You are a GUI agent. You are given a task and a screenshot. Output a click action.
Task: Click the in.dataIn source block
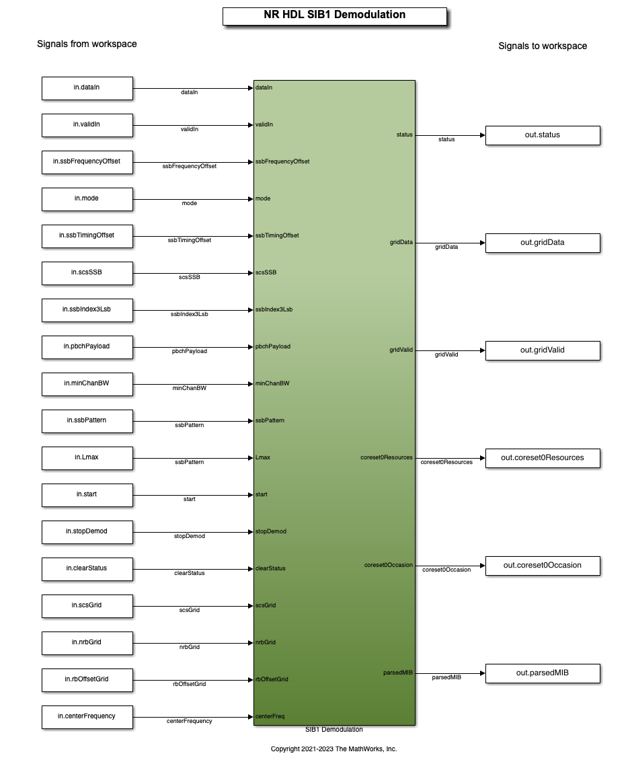[x=87, y=89]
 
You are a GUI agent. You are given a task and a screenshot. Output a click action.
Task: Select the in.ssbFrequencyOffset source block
[x=87, y=162]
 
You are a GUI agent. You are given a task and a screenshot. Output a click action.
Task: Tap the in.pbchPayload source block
[x=87, y=347]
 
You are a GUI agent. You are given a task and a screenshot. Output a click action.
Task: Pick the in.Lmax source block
[x=87, y=458]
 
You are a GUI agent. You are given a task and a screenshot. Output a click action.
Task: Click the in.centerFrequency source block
[x=87, y=717]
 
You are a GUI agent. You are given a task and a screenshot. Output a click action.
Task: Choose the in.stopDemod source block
[x=87, y=532]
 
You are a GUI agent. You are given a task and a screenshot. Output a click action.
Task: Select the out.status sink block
[x=543, y=135]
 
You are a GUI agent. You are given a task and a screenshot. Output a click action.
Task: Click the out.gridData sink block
[x=543, y=243]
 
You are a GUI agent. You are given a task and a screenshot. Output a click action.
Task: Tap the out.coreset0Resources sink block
[x=543, y=458]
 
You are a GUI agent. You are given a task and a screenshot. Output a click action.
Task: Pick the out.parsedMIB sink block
[x=543, y=673]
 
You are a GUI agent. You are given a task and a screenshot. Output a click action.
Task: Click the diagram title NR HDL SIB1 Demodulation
[x=335, y=15]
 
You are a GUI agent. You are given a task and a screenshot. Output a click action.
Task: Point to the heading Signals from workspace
[x=87, y=44]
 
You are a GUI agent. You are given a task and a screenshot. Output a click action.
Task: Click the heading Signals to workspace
[x=543, y=46]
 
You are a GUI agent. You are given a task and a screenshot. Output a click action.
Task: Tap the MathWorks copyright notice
[x=333, y=749]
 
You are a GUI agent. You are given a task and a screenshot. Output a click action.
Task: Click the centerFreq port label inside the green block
[x=270, y=716]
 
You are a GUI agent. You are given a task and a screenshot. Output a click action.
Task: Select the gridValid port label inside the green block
[x=401, y=350]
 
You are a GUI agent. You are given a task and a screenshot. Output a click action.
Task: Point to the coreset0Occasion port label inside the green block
[x=389, y=565]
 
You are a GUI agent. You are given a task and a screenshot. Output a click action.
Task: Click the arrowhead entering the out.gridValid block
[x=482, y=350]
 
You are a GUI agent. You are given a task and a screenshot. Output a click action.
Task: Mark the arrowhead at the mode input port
[x=251, y=199]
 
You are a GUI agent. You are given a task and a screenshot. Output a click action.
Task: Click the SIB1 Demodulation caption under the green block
[x=333, y=730]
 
